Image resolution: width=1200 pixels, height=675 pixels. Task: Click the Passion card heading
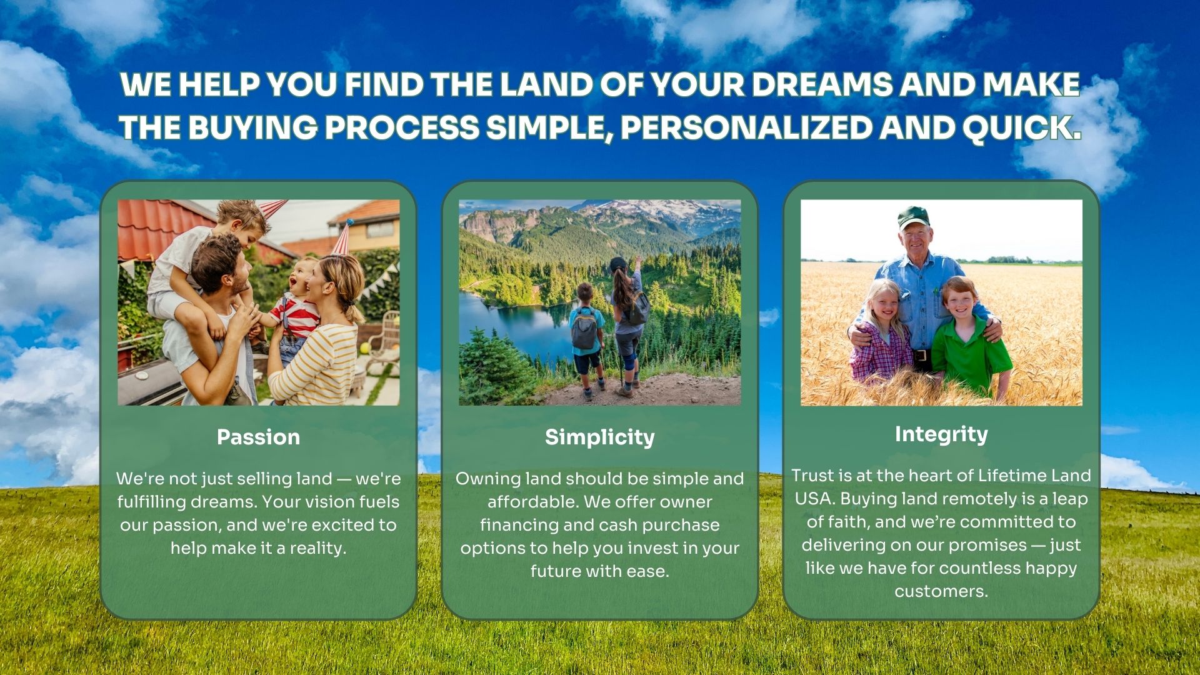(258, 437)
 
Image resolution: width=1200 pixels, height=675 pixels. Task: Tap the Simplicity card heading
(599, 437)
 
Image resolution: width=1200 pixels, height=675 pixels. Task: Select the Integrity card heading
(941, 434)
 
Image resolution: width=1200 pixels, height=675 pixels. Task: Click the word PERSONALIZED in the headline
(746, 127)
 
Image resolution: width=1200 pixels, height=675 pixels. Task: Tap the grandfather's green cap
(913, 217)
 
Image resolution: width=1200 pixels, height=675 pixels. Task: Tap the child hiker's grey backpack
(584, 327)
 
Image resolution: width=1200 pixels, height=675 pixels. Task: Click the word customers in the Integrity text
(941, 591)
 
